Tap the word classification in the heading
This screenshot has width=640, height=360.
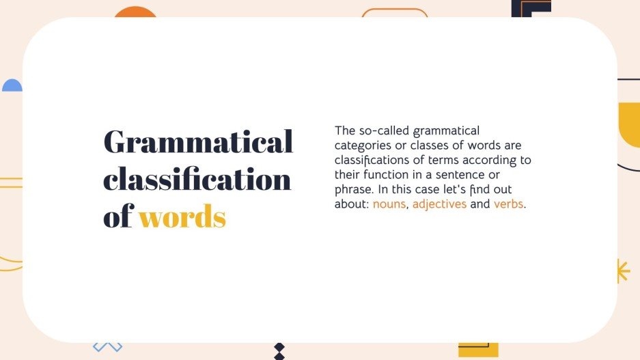[x=197, y=180]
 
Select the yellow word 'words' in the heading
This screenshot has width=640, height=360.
[x=182, y=217]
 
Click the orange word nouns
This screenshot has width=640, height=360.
[x=389, y=204]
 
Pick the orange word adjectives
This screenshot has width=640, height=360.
[x=439, y=204]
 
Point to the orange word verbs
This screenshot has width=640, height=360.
[x=509, y=204]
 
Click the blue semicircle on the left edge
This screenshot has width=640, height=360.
[x=12, y=85]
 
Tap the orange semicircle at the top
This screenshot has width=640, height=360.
[x=135, y=12]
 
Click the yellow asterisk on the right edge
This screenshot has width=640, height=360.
[x=623, y=271]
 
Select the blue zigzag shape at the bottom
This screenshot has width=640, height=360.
[x=107, y=346]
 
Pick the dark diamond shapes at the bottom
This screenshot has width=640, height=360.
[x=279, y=350]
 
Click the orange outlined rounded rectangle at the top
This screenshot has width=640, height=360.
[x=394, y=12]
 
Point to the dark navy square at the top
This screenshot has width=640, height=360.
[x=531, y=8]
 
